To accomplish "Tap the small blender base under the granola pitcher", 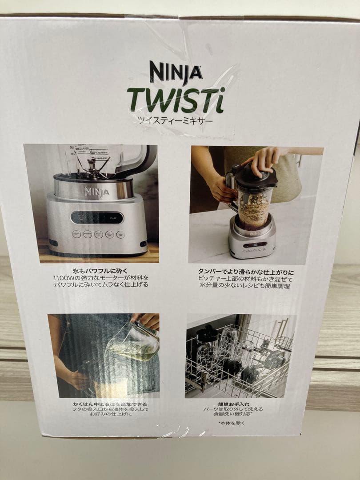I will [x=252, y=242].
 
